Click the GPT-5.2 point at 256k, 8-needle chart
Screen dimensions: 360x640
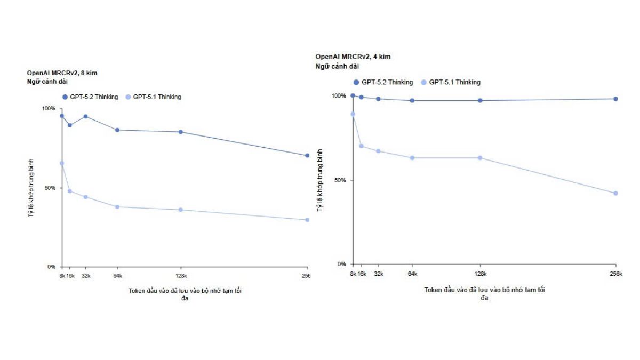tap(307, 156)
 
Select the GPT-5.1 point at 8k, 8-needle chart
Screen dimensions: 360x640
tap(62, 163)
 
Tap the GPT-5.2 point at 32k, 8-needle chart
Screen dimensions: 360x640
tap(85, 116)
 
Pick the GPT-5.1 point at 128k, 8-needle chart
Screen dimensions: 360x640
tap(181, 210)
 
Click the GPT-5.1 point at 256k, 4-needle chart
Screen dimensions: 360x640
tap(615, 193)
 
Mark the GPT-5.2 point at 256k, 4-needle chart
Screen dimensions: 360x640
tap(615, 99)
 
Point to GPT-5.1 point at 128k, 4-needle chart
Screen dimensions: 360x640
tap(480, 158)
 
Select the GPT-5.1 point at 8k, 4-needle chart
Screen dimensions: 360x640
tap(353, 114)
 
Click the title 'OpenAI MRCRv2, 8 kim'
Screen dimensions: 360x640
tap(62, 72)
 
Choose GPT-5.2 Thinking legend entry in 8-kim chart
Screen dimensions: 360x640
tap(91, 97)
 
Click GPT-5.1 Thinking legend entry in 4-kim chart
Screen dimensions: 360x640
tap(451, 82)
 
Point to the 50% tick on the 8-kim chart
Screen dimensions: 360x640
tap(50, 188)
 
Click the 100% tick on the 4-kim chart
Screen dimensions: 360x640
tap(339, 96)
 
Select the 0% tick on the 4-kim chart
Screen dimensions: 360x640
tap(342, 264)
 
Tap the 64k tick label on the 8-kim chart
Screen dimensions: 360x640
tap(118, 276)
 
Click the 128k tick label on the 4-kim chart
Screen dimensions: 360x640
tap(480, 274)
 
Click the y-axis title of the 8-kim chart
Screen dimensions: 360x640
tap(31, 188)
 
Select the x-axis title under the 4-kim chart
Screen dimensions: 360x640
tap(484, 294)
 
